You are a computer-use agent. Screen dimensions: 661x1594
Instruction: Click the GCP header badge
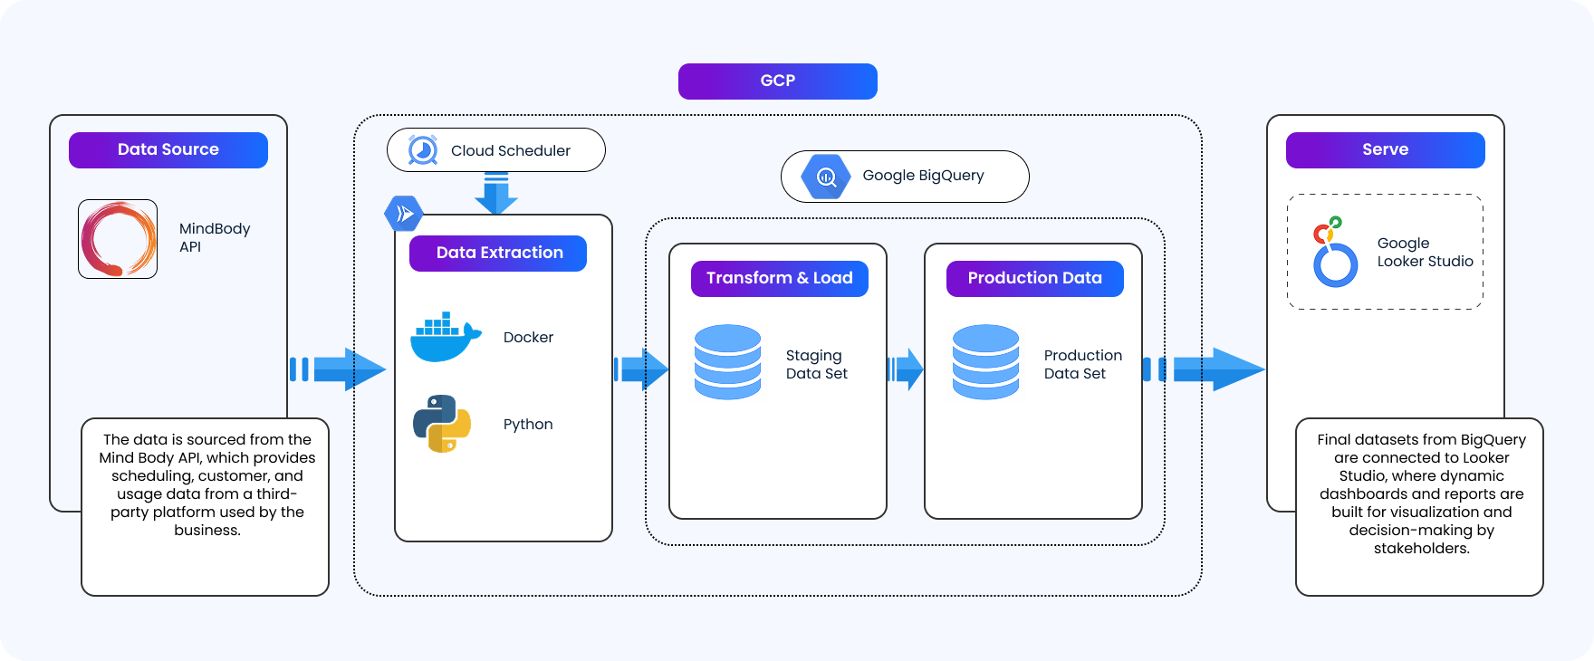click(x=777, y=81)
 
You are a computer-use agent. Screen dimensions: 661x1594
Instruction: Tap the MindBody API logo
click(x=118, y=239)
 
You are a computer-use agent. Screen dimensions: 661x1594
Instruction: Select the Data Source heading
click(x=168, y=149)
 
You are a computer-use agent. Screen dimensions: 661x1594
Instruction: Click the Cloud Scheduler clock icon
click(x=422, y=150)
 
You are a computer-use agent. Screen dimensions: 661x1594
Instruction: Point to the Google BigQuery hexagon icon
click(x=826, y=177)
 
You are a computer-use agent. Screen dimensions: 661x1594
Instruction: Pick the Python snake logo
click(x=442, y=424)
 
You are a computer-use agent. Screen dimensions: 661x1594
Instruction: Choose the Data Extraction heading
click(x=498, y=253)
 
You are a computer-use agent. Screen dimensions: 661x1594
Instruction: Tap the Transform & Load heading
click(x=779, y=278)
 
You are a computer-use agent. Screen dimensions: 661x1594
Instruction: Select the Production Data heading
click(x=1034, y=278)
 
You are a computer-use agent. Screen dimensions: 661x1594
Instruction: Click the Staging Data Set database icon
click(x=727, y=362)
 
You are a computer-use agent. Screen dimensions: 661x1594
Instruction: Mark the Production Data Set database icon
click(x=985, y=362)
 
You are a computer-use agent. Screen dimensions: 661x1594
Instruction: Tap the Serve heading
click(x=1385, y=149)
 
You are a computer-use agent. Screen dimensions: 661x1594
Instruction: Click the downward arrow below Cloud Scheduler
click(x=495, y=194)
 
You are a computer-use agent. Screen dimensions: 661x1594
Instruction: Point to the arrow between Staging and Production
click(x=906, y=369)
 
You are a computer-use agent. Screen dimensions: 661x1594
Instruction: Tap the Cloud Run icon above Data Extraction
click(x=404, y=214)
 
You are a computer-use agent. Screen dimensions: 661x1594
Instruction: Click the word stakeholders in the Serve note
click(x=1420, y=548)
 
